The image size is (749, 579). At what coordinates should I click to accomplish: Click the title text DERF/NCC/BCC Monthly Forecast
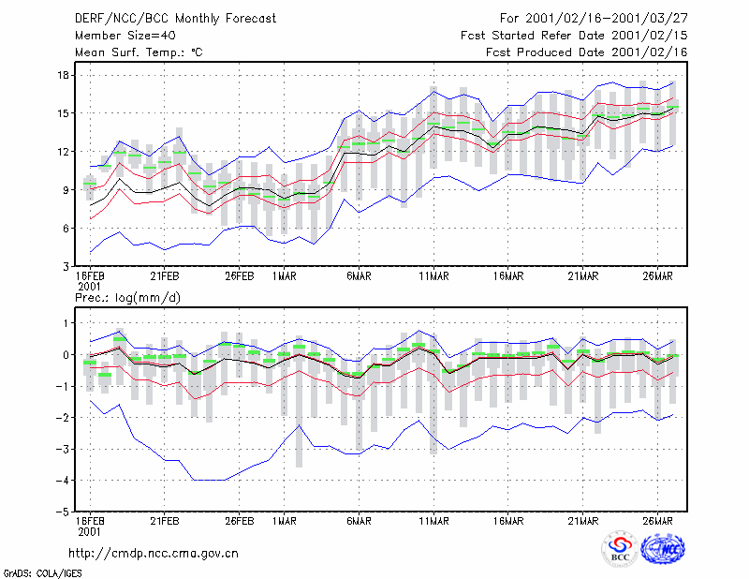pos(175,19)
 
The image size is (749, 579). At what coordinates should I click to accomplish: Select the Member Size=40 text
pos(125,36)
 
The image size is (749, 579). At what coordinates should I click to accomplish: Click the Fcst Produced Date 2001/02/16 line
pos(587,52)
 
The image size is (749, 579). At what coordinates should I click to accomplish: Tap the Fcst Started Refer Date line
pos(574,36)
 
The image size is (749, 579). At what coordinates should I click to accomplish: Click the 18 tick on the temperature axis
pos(64,76)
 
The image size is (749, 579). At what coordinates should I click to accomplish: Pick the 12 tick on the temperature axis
pos(64,152)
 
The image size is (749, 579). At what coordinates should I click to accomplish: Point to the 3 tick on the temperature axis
pos(66,266)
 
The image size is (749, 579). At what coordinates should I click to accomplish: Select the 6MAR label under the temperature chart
pos(360,275)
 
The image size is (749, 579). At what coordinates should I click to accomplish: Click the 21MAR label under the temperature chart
pos(583,275)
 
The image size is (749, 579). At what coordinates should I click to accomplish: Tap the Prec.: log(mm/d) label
pos(127,298)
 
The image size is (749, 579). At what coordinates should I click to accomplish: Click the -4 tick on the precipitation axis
pos(63,480)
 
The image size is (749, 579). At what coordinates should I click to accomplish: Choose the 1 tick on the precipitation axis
pos(66,323)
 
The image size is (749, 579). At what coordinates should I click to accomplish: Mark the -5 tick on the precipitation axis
pos(63,512)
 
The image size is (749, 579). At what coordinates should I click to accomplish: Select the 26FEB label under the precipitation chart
pos(240,521)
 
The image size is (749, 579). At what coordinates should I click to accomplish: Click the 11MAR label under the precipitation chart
pos(433,521)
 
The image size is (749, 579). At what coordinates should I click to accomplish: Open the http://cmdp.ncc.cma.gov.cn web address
pos(154,554)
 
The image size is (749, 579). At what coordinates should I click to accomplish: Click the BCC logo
pos(620,549)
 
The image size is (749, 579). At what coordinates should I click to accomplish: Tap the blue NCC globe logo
pos(663,549)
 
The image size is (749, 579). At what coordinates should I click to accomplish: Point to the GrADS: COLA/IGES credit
pos(42,573)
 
